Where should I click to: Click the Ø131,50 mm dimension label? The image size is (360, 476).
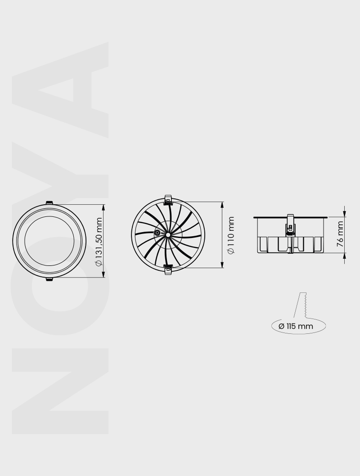coord(99,242)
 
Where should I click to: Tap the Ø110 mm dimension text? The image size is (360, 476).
coord(231,235)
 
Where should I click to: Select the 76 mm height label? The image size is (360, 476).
coord(340,234)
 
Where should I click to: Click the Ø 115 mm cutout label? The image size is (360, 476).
coord(296,326)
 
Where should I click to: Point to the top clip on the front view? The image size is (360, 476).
coord(49,202)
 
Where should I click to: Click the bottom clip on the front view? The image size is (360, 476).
coord(49,279)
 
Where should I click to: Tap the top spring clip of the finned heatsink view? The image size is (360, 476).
coord(168,199)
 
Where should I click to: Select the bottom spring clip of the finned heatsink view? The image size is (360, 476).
coord(168,269)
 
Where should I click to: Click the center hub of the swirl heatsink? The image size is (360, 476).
coord(168,235)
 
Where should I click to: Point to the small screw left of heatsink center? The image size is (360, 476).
coord(157,233)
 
